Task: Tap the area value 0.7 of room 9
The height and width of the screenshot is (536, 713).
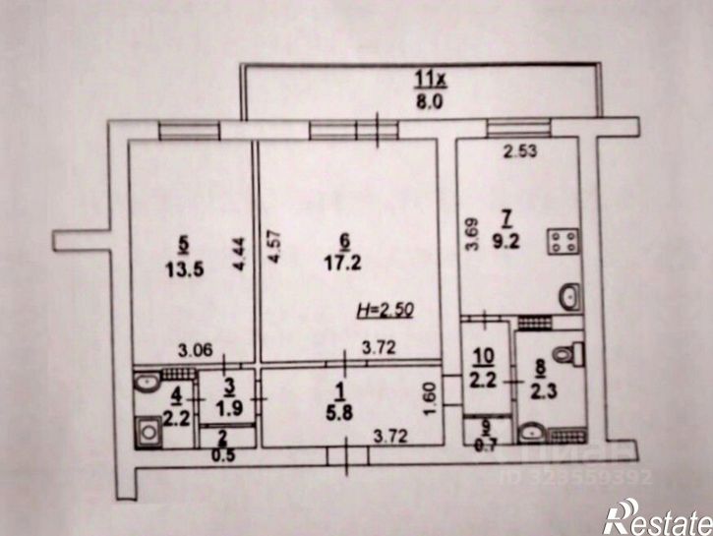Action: pos(486,443)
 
